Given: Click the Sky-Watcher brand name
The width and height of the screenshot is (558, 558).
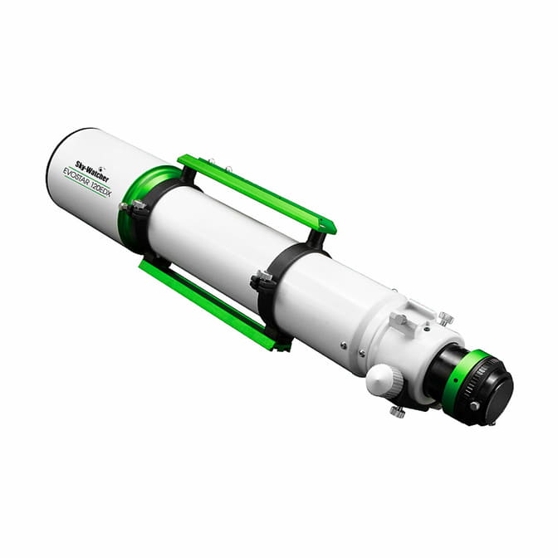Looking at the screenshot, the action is pyautogui.click(x=92, y=172).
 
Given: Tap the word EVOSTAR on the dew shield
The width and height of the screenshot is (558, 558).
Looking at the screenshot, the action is pyautogui.click(x=76, y=176).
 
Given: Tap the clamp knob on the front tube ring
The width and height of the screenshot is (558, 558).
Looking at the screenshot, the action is pyautogui.click(x=138, y=204).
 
